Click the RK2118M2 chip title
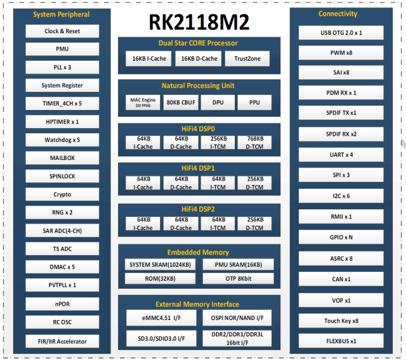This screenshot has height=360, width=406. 199,22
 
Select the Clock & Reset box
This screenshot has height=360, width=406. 62,31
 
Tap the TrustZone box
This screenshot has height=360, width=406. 247,59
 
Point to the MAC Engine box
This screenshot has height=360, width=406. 143,102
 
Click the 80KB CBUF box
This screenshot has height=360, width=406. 181,102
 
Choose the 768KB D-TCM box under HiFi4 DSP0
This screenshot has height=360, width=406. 254,142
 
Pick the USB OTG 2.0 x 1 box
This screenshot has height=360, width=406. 341,32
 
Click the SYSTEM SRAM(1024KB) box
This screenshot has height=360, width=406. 160,264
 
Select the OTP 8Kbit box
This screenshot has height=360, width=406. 238,279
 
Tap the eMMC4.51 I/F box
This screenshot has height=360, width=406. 161,318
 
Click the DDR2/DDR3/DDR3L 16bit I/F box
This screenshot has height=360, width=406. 237,338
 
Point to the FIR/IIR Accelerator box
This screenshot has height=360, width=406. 62,341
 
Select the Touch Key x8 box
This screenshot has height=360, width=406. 341,321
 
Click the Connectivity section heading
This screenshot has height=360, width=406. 338,14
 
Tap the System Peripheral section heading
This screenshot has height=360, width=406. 61,14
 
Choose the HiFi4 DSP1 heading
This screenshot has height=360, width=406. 198,169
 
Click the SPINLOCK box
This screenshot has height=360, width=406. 62,176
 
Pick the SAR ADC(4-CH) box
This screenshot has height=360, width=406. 62,231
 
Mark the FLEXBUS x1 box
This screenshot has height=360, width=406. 341,341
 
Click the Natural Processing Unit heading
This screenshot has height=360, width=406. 198,86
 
